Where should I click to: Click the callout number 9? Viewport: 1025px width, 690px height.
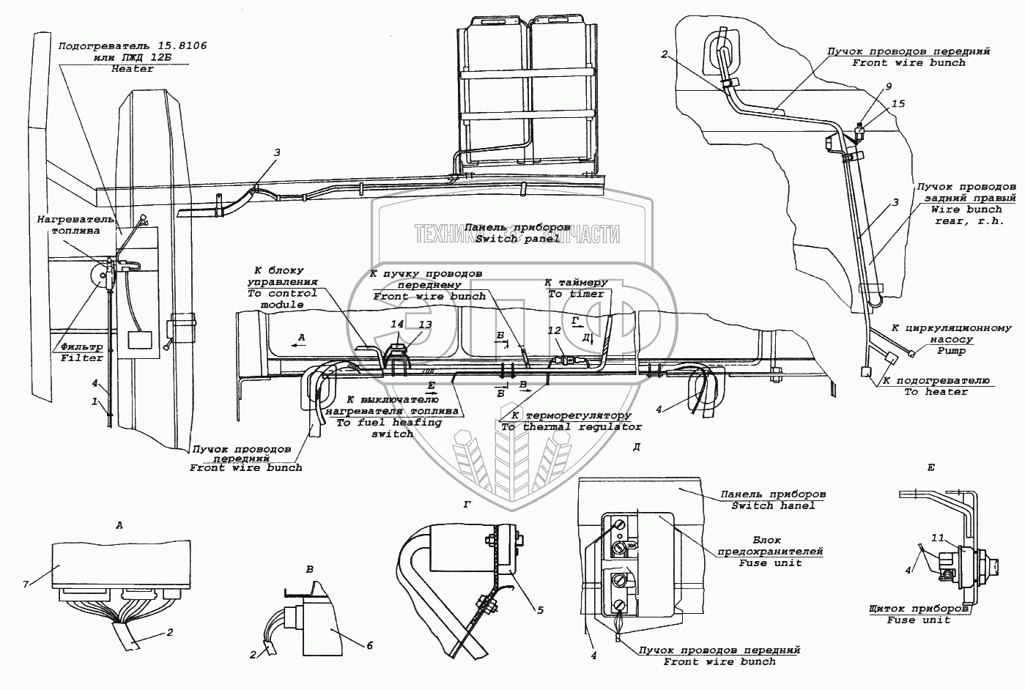tap(888, 86)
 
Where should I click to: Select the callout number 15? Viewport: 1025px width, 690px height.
tap(898, 104)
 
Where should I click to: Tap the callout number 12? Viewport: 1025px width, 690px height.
tap(554, 331)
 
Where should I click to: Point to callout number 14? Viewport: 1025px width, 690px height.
tap(396, 324)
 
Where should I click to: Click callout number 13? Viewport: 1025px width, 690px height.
tap(425, 324)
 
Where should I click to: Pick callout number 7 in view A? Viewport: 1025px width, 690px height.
tap(26, 583)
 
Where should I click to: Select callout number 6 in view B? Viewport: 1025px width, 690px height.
tap(370, 645)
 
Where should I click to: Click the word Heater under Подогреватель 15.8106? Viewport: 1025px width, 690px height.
tap(133, 69)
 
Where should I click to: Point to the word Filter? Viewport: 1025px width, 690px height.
tap(82, 358)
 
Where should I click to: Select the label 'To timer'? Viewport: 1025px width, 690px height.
tap(576, 294)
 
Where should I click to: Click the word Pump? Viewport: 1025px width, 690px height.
tap(951, 351)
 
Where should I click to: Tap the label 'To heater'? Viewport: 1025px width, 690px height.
tap(936, 392)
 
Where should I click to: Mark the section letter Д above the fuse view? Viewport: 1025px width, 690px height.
tap(636, 446)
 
